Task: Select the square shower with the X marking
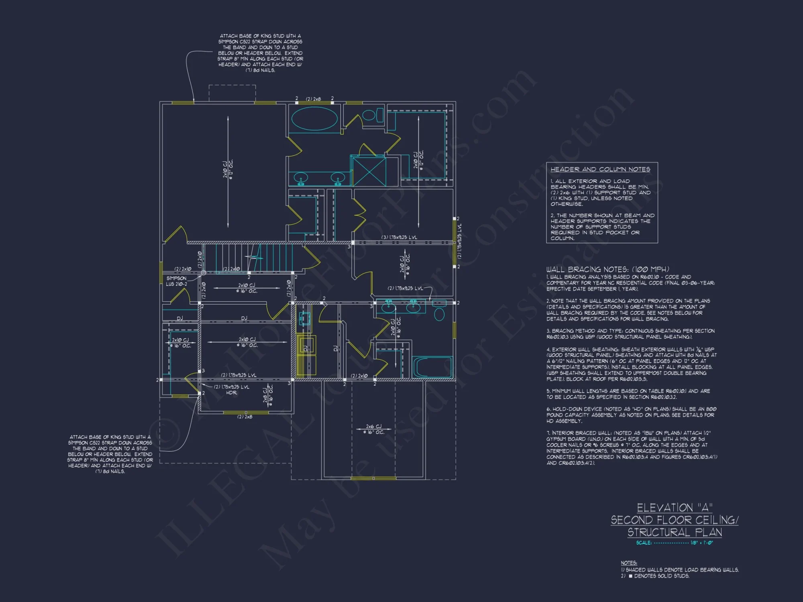[369, 171]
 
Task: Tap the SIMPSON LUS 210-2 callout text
[176, 281]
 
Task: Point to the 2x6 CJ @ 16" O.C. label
[374, 429]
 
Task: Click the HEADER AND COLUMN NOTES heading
[600, 169]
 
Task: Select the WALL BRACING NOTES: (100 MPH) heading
[607, 269]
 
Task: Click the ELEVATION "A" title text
[675, 508]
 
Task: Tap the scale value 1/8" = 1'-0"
[701, 543]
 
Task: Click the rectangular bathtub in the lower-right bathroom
[432, 367]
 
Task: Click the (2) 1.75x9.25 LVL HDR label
[231, 390]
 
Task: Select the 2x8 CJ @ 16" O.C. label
[268, 394]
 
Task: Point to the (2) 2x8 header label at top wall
[313, 99]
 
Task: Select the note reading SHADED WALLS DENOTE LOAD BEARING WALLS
[681, 569]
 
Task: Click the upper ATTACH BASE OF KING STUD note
[260, 53]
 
